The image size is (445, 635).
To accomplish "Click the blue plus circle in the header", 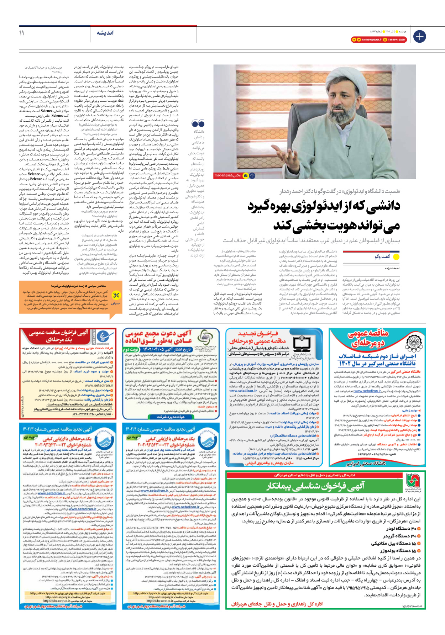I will [419, 36].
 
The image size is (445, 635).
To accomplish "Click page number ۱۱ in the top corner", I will [22, 33].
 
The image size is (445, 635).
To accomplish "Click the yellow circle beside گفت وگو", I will [396, 256].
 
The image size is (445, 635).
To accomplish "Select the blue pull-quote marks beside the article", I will [198, 124].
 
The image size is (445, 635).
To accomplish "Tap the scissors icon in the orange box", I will [116, 295].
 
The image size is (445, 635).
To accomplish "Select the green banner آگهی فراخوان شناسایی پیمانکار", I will [316, 486].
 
